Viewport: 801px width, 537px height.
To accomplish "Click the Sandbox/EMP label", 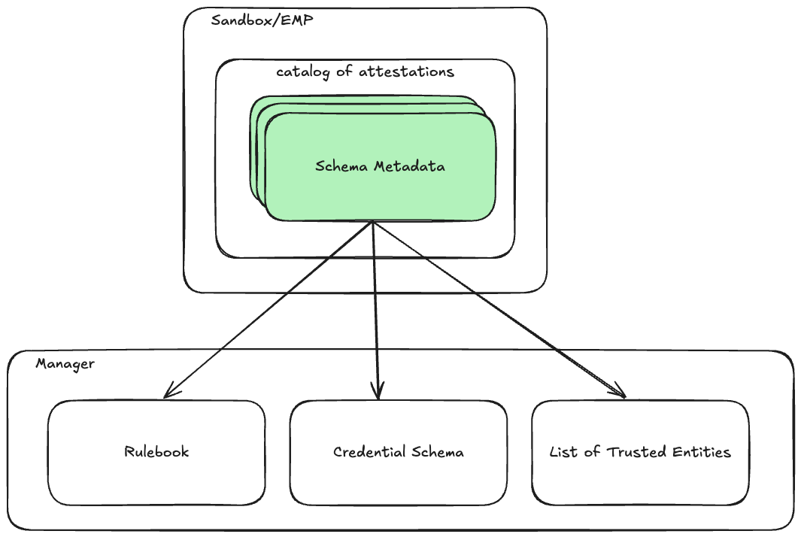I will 262,20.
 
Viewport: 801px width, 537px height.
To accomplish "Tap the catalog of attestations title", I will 365,72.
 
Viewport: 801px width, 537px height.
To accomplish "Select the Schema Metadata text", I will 380,166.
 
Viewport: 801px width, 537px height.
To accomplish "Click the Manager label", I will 65,364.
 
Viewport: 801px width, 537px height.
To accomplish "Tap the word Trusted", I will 636,452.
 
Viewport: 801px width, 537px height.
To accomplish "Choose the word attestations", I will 406,72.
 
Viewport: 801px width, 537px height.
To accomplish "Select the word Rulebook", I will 156,452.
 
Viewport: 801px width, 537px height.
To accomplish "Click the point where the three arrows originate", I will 373,222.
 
